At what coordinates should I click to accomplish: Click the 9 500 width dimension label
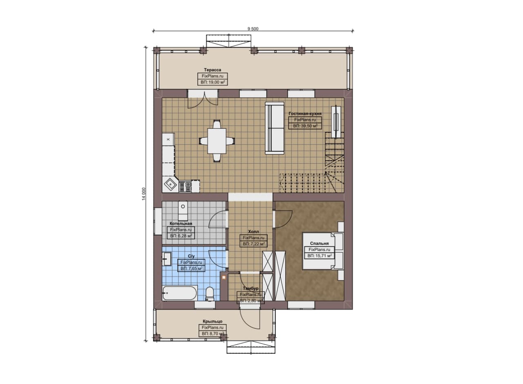tap(253, 29)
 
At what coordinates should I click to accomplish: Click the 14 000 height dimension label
tap(143, 194)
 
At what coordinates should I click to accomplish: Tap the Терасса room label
tap(212, 70)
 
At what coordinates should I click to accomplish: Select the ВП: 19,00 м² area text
tap(213, 82)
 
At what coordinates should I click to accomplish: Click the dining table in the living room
tap(217, 141)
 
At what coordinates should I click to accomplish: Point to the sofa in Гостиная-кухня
tap(275, 128)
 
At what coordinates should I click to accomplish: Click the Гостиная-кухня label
tap(305, 114)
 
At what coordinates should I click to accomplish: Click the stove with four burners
tap(185, 186)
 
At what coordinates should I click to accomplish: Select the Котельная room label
tap(181, 224)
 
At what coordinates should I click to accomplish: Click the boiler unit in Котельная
tap(183, 210)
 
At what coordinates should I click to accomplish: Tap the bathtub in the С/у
tap(180, 293)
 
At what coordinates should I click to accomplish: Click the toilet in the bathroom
tap(210, 294)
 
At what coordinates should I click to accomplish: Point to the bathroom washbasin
tap(167, 259)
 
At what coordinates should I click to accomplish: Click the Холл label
tap(253, 232)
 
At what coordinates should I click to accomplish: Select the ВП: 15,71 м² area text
tap(320, 256)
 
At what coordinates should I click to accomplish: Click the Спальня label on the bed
tap(319, 244)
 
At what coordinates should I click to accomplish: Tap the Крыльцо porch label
tap(212, 321)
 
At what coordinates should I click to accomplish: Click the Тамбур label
tap(250, 289)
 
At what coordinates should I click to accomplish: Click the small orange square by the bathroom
tap(224, 277)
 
